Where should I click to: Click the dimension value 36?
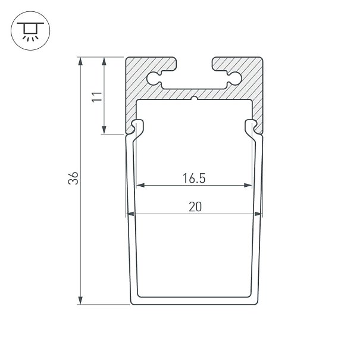click(73, 178)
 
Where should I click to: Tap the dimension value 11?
click(97, 97)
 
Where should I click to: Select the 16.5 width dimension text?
click(194, 179)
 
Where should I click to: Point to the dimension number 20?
click(195, 206)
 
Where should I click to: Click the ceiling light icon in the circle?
click(30, 32)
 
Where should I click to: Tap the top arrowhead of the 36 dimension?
click(80, 61)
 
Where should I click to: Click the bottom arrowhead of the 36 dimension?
click(80, 300)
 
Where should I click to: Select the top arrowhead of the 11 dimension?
click(104, 61)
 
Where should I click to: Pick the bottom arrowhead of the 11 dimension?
click(104, 130)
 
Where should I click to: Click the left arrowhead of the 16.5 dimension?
click(140, 185)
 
